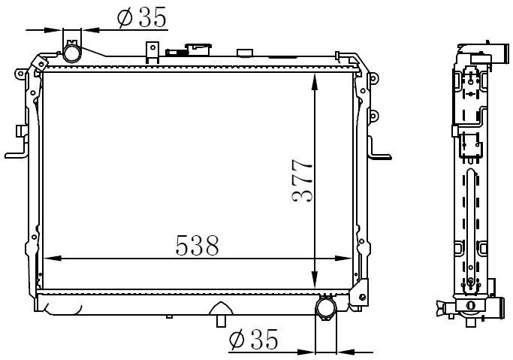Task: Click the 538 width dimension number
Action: point(198,246)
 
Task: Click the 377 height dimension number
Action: point(303,180)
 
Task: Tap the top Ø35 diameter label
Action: point(142,17)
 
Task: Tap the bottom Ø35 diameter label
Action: point(254,339)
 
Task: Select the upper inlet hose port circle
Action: point(71,53)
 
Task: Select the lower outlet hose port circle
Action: point(325,308)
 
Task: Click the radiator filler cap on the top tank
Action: point(198,50)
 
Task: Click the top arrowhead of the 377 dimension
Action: point(315,81)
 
